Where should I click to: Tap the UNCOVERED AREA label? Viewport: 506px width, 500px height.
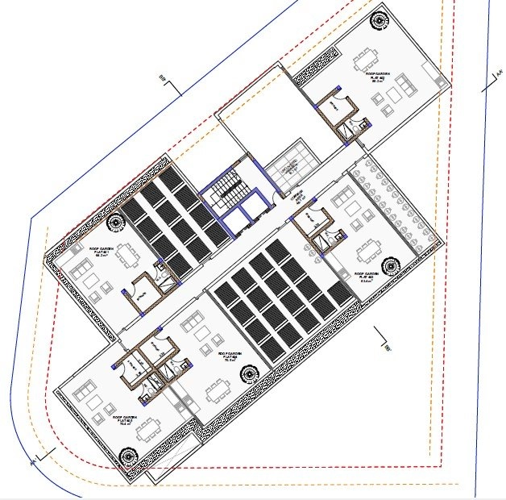(288, 169)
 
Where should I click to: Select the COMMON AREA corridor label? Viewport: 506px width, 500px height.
(296, 195)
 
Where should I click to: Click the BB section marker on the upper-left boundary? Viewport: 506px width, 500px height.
(165, 82)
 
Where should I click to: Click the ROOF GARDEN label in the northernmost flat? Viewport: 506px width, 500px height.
(376, 75)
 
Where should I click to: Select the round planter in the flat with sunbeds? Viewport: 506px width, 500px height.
(392, 265)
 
